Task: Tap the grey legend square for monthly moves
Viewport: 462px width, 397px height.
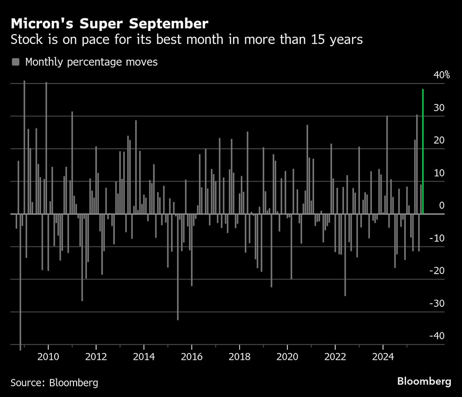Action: tap(16, 62)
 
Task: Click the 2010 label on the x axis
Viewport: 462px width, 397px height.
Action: tap(48, 357)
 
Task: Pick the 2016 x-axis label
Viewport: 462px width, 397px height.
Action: tap(191, 357)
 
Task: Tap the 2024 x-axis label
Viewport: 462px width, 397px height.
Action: tap(383, 357)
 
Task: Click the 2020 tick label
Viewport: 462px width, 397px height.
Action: tap(287, 357)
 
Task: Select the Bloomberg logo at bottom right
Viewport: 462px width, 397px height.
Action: tap(424, 382)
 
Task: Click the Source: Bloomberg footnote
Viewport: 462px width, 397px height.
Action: tap(55, 383)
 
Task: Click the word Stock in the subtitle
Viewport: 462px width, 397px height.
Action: tap(26, 40)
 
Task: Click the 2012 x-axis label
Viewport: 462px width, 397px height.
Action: tap(96, 357)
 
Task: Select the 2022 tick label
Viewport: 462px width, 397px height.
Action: tap(335, 357)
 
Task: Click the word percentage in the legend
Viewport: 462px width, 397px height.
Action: tap(95, 62)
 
